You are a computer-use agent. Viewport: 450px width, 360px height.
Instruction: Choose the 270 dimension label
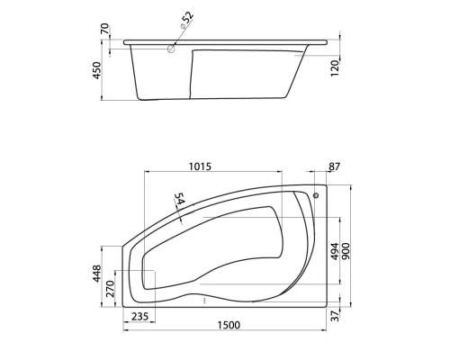[x=112, y=289]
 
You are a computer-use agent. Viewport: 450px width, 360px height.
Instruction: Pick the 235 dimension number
[x=140, y=316]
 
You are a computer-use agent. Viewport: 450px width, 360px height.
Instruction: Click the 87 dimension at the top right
[x=335, y=166]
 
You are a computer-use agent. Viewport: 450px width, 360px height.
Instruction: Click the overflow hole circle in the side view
[x=170, y=50]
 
